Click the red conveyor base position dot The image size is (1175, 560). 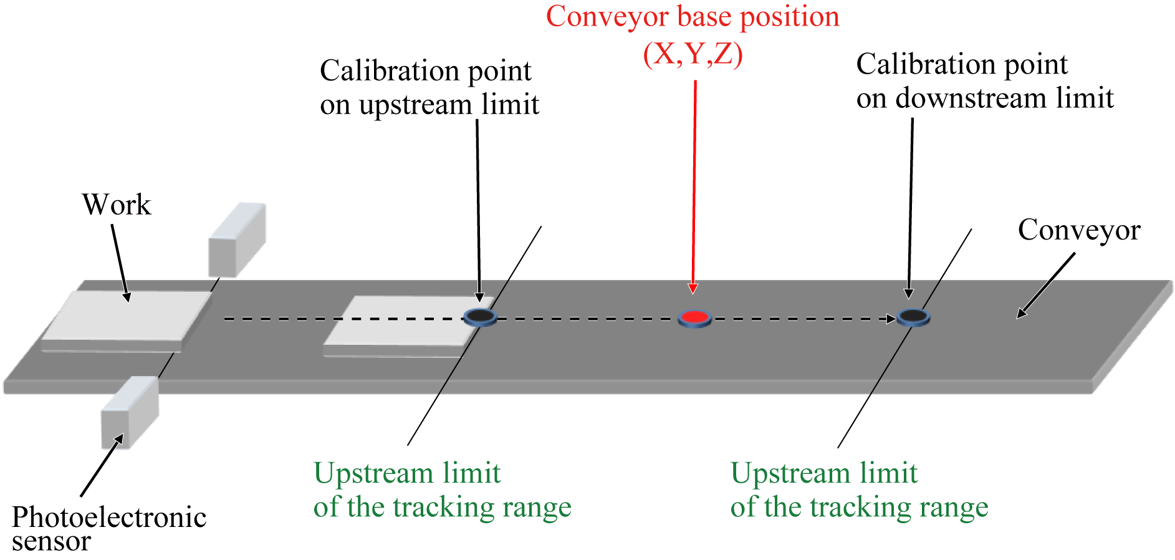click(694, 318)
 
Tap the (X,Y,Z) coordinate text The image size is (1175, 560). click(693, 54)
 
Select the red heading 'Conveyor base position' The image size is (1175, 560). click(693, 17)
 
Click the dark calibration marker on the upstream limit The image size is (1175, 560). click(480, 317)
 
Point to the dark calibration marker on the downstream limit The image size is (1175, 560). click(913, 317)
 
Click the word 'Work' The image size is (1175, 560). click(117, 205)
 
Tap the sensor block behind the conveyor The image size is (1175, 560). click(237, 239)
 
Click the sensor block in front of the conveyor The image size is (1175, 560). click(130, 412)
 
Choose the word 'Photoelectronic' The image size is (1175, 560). click(109, 518)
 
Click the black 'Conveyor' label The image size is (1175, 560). click(1079, 229)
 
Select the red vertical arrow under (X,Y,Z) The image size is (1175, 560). click(694, 187)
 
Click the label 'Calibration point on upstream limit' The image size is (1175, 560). click(429, 87)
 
